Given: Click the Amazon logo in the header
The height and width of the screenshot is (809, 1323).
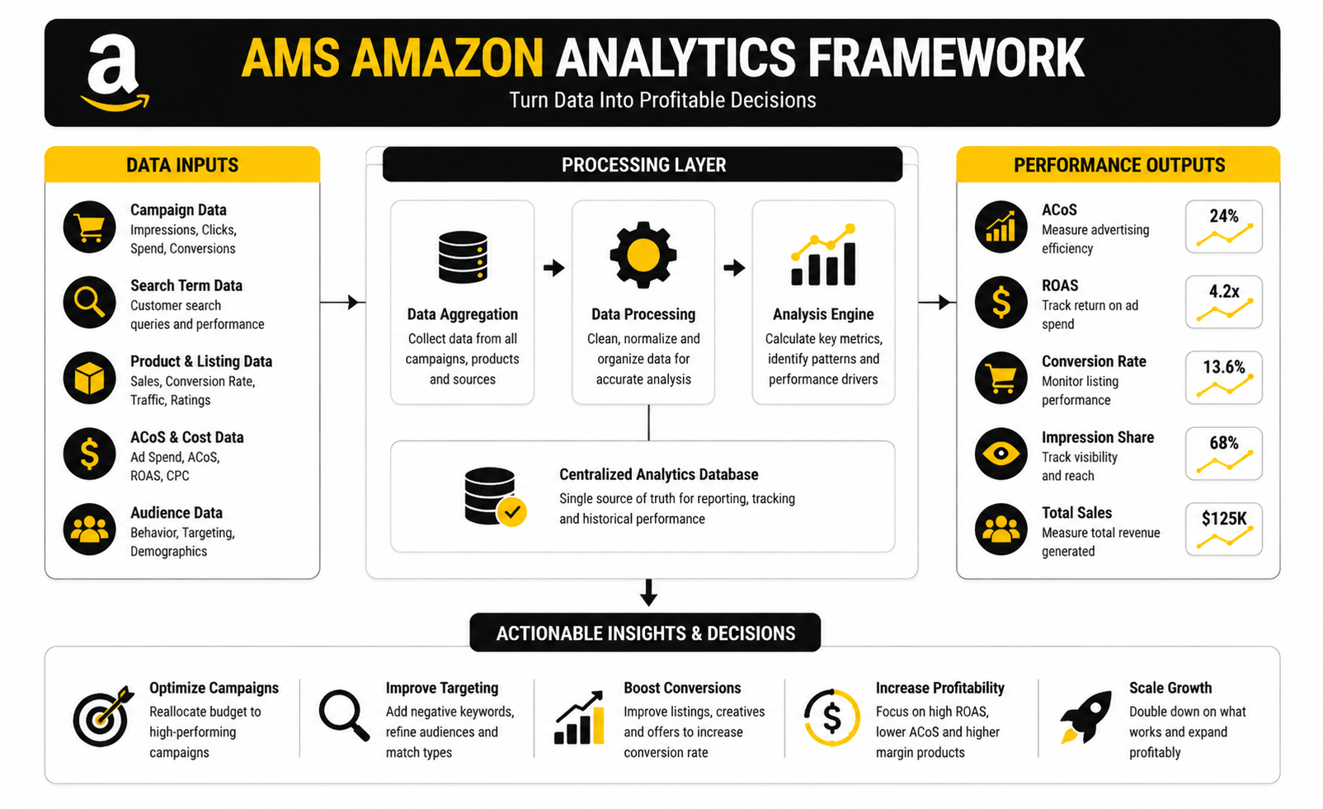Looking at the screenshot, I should pos(115,73).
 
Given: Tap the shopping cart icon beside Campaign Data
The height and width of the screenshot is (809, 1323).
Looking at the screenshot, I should pos(89,227).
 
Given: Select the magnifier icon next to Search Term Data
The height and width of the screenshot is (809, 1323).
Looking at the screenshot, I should pos(89,303).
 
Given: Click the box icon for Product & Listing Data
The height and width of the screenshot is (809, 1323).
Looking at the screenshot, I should pos(89,379).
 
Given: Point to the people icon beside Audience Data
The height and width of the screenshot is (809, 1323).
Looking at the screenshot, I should pos(89,529).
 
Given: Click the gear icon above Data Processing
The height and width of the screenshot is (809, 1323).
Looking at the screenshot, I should pos(643,256).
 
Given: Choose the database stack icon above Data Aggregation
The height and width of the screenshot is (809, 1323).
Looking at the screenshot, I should pos(463,256).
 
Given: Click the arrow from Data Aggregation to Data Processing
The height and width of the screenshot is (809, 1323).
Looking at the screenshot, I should pos(553,268).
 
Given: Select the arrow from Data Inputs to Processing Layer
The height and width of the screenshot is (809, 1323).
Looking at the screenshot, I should pos(343,303).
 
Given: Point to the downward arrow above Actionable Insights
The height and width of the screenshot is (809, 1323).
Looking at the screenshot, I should pos(649,592).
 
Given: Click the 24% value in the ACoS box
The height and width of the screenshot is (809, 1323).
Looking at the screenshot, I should pos(1224,216).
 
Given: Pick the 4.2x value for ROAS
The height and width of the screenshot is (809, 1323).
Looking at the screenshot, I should pos(1224,292).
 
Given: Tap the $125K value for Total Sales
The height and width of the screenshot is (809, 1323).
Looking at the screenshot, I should pos(1224,519).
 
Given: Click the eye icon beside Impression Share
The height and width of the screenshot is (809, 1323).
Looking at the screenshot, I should pos(1000,454).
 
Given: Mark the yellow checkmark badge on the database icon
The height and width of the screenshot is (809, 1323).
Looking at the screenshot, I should pos(512,512).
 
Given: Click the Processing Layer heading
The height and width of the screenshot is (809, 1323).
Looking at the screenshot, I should pos(643,165).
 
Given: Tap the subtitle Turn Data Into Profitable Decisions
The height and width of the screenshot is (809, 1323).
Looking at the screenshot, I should pos(662,101).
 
